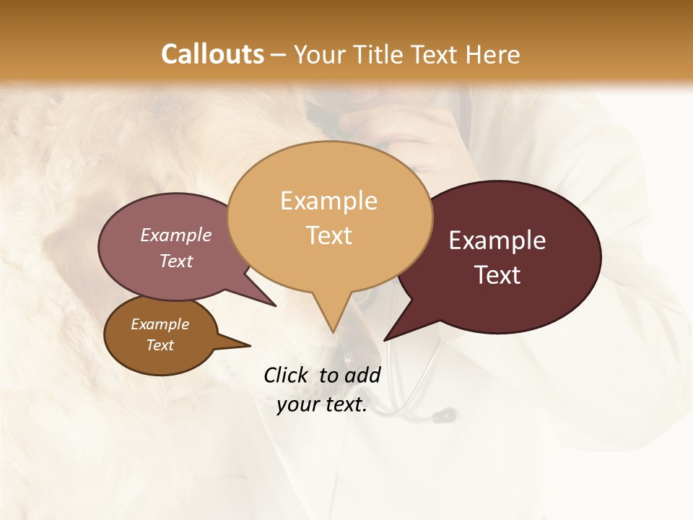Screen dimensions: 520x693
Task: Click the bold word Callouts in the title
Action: (212, 54)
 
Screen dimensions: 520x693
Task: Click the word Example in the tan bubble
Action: (328, 201)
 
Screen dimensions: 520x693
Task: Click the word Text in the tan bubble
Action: (329, 235)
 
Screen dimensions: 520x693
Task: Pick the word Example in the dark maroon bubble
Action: (497, 240)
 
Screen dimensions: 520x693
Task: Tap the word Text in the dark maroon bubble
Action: (497, 275)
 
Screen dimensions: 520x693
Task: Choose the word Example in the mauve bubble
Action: (176, 235)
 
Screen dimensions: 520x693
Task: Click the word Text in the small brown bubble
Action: (160, 345)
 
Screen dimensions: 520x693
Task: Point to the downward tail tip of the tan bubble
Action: (334, 331)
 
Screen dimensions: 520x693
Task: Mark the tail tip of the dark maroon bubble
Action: (385, 339)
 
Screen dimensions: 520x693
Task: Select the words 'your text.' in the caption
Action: (322, 405)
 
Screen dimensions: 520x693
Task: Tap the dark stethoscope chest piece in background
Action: (443, 415)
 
